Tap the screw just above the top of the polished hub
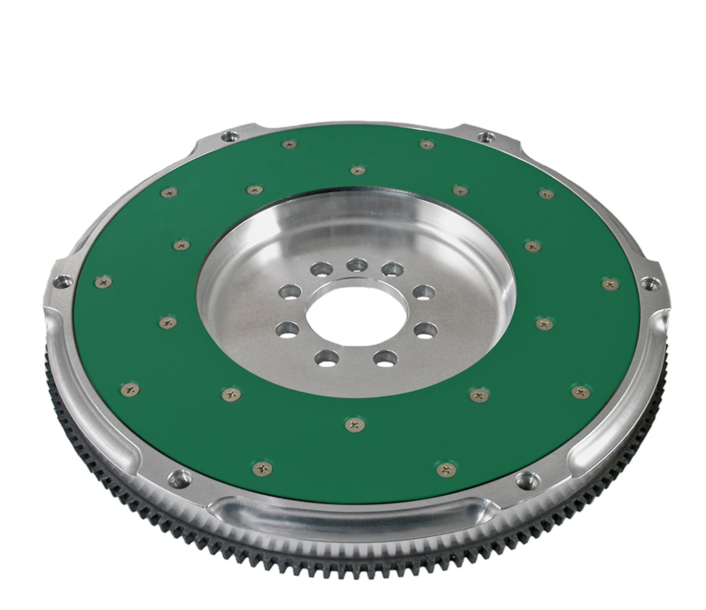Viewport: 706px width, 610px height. pos(358,169)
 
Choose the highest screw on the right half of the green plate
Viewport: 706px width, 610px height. pos(426,144)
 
